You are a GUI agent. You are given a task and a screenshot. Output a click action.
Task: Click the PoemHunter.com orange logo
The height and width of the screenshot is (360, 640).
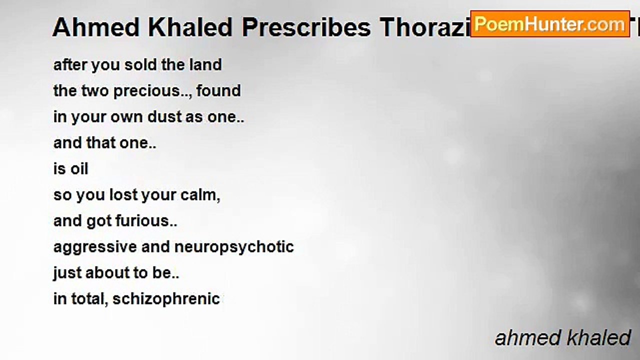pos(549,23)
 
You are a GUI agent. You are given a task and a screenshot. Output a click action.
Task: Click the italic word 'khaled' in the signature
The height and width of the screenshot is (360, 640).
pos(599,338)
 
